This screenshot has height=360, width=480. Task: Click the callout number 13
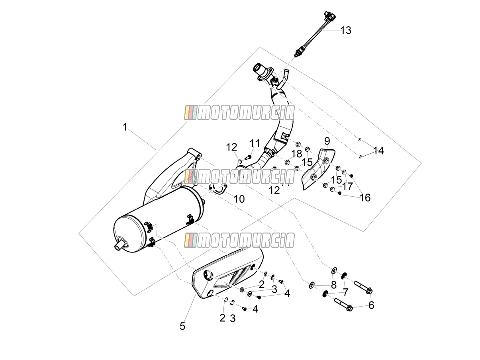[x=346, y=30]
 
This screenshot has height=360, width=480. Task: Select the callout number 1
[x=125, y=127]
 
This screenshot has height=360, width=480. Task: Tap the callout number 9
[x=327, y=141]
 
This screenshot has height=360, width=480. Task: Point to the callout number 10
[x=239, y=199]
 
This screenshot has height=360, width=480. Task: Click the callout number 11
[x=255, y=144]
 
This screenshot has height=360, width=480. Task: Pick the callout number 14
[x=378, y=151]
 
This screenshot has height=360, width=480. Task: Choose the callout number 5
[x=182, y=326]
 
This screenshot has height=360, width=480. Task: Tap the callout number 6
[x=371, y=305]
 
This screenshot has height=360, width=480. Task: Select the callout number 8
[x=334, y=285]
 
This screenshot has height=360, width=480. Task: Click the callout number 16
[x=365, y=198]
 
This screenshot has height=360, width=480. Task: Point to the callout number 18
[x=296, y=154]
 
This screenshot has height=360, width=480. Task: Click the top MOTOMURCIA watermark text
[x=239, y=112]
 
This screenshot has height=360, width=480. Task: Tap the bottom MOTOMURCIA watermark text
[x=239, y=240]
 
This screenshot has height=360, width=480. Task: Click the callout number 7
[x=345, y=292]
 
